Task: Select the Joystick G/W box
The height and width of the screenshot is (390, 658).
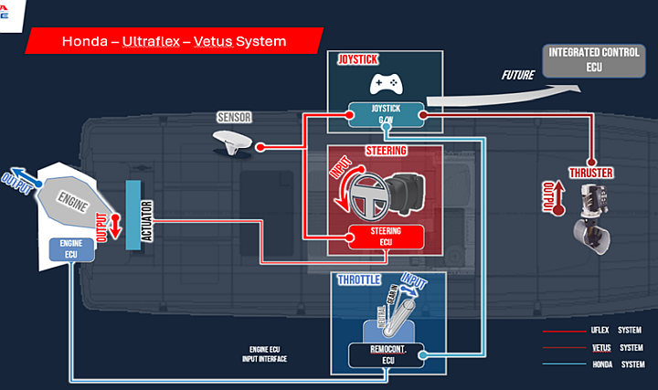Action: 385,114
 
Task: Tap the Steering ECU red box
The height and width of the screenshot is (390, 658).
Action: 386,237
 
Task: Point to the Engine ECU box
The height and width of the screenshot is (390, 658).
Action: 70,249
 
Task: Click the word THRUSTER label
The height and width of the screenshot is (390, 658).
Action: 590,174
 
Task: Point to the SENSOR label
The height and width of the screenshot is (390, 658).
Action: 233,118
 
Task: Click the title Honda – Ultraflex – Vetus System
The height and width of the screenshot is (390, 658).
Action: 174,41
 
